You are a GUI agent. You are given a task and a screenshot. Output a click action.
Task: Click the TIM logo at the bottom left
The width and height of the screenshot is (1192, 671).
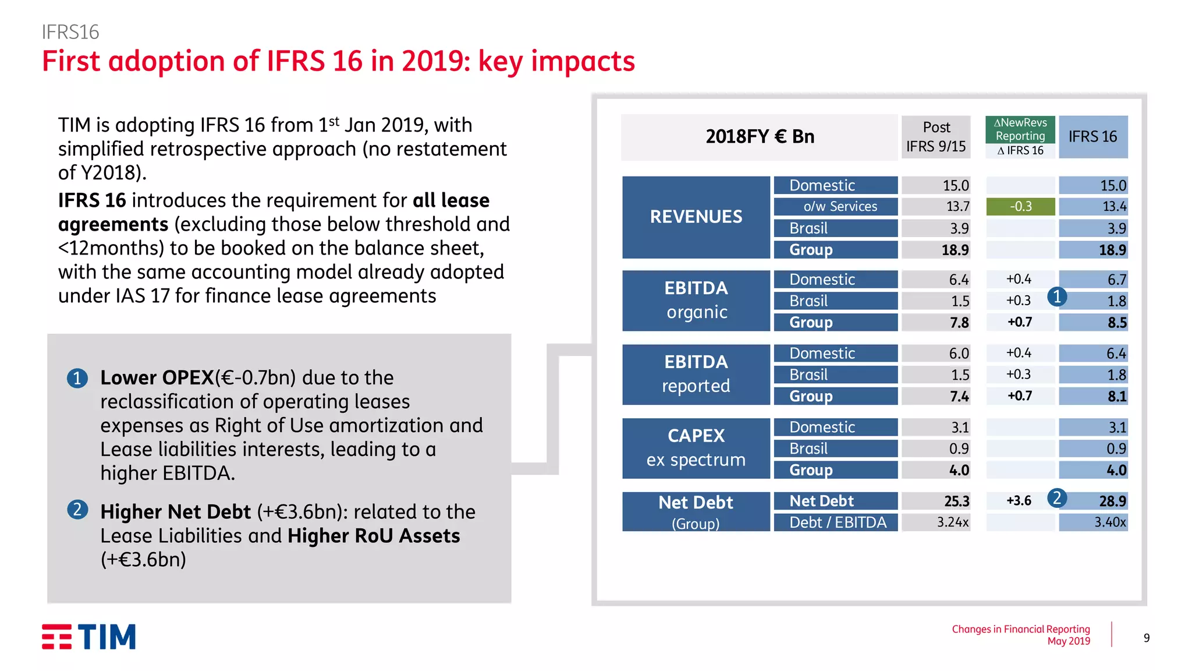coord(88,636)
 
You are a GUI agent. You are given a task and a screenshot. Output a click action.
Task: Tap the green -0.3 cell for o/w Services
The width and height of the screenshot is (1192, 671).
coord(1020,206)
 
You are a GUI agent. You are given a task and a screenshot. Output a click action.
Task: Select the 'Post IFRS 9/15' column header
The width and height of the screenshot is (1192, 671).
coord(936,137)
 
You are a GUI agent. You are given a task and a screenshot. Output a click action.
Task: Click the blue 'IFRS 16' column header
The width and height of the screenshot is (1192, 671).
coord(1092,137)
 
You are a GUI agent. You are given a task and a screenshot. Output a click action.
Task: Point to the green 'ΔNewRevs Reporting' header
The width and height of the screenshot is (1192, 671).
coord(1020,129)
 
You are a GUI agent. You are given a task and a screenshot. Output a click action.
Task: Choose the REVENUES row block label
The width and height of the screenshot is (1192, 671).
coord(696,217)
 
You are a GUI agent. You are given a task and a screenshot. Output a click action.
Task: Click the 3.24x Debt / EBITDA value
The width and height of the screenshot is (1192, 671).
coord(952,522)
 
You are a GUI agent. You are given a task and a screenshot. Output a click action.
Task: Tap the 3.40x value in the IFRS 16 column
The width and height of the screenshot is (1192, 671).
coord(1109,522)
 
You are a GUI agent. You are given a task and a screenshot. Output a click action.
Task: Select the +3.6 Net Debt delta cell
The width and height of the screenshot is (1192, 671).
coord(1019,500)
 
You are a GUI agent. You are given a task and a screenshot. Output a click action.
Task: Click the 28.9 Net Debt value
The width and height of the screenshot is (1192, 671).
coord(1112,501)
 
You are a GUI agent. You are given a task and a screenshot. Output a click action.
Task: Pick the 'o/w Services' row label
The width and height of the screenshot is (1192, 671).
coord(840,206)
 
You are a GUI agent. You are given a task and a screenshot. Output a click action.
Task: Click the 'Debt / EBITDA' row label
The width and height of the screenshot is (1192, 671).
coord(838,522)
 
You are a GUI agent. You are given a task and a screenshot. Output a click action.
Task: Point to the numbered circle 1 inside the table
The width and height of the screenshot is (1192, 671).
coord(1057,296)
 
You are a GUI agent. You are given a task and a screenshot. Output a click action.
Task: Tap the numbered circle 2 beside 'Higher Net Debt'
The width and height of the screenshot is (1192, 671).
coord(77,510)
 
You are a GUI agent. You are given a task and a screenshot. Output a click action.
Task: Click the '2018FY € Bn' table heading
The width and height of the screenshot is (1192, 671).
coord(760,137)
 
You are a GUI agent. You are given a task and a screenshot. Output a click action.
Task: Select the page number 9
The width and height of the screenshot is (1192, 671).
coord(1146,638)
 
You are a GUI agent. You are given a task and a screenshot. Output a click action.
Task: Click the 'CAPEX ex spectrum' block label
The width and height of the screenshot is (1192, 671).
coord(696,448)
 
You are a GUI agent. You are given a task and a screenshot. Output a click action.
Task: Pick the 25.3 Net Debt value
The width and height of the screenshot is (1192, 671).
coord(956,501)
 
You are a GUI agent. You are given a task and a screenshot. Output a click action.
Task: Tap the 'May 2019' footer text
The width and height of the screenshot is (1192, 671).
coord(1069,641)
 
